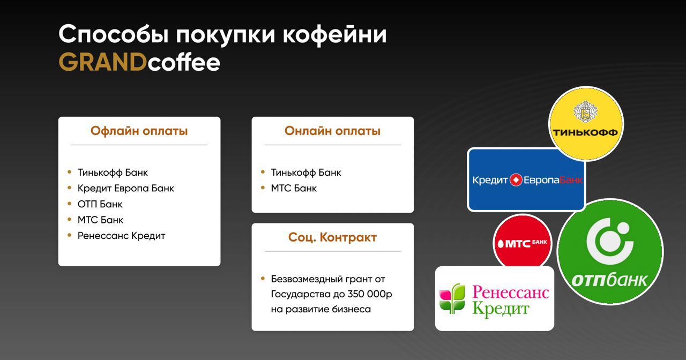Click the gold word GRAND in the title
pos(102,62)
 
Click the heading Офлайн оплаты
pos(139,131)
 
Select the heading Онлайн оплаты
pos(332,131)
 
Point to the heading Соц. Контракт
pos(332,237)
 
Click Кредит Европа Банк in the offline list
pos(125,188)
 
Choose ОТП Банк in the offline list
pos(100,204)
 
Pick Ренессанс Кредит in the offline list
pos(121,236)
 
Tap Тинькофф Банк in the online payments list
pos(306,172)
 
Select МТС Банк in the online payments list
pos(294,188)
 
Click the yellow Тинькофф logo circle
pos(586,123)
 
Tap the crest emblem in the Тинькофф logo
pos(585,111)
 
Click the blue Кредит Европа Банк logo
pos(526,179)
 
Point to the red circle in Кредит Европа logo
pos(516,179)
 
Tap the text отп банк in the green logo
pos(609,280)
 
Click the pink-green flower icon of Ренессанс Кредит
pos(452,298)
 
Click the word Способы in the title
pos(113,35)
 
